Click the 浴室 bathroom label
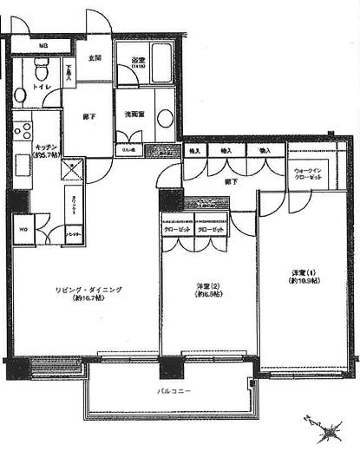tap(139, 60)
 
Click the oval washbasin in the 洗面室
tap(164, 119)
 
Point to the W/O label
tap(22, 229)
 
